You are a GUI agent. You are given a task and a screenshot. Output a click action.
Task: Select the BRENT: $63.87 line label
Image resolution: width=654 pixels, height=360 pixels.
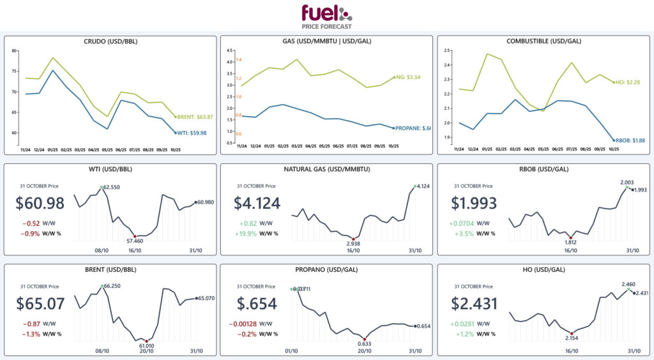[x=195, y=117]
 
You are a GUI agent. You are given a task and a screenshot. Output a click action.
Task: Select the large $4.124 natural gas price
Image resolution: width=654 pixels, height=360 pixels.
[x=257, y=204]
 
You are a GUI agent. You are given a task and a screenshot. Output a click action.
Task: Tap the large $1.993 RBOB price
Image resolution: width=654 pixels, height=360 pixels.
[x=473, y=204]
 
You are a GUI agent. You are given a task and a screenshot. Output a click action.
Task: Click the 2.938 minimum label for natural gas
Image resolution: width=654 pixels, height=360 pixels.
[x=353, y=244]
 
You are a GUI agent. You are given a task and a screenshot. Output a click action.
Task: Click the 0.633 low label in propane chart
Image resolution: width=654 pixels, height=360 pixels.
[x=364, y=343]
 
